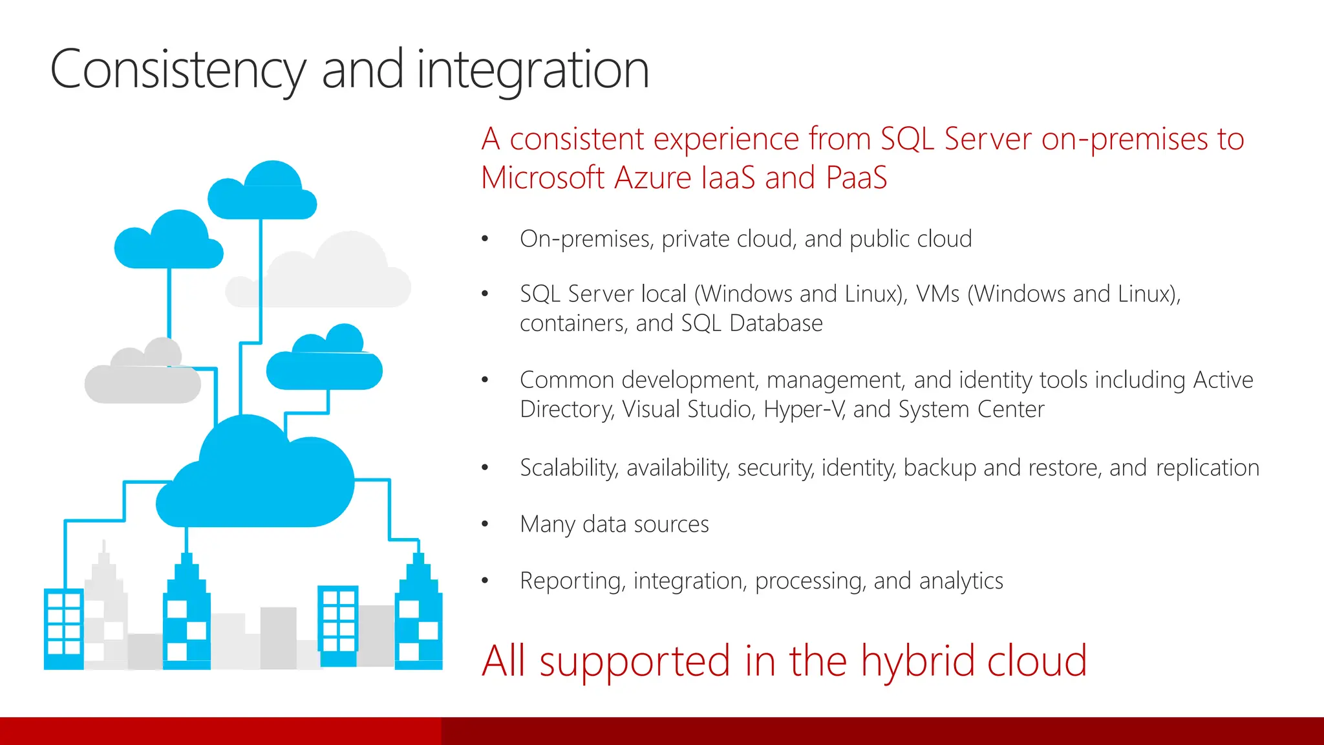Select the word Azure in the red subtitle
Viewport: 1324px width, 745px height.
(x=653, y=178)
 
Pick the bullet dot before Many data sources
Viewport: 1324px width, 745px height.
(x=485, y=524)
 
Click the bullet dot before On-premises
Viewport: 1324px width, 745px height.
(x=485, y=239)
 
